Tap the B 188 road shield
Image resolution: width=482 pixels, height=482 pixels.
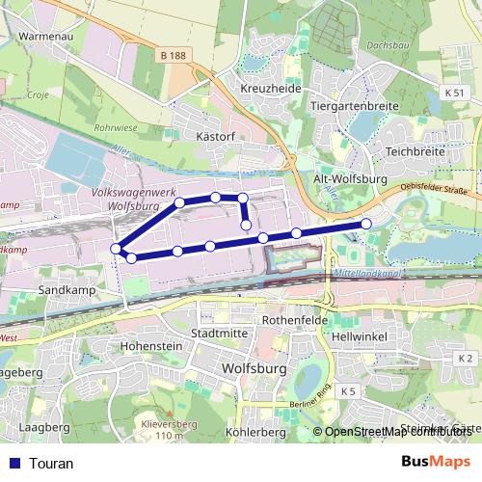(x=174, y=57)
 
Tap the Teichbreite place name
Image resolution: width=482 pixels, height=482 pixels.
(x=415, y=152)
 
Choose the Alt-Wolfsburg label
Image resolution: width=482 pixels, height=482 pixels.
(x=350, y=179)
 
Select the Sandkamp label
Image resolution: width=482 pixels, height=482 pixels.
(x=65, y=289)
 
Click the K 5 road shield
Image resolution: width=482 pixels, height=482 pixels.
(x=348, y=390)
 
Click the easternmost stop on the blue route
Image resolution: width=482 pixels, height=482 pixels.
(x=366, y=224)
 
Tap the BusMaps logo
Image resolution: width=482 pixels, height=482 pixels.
(x=436, y=462)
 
